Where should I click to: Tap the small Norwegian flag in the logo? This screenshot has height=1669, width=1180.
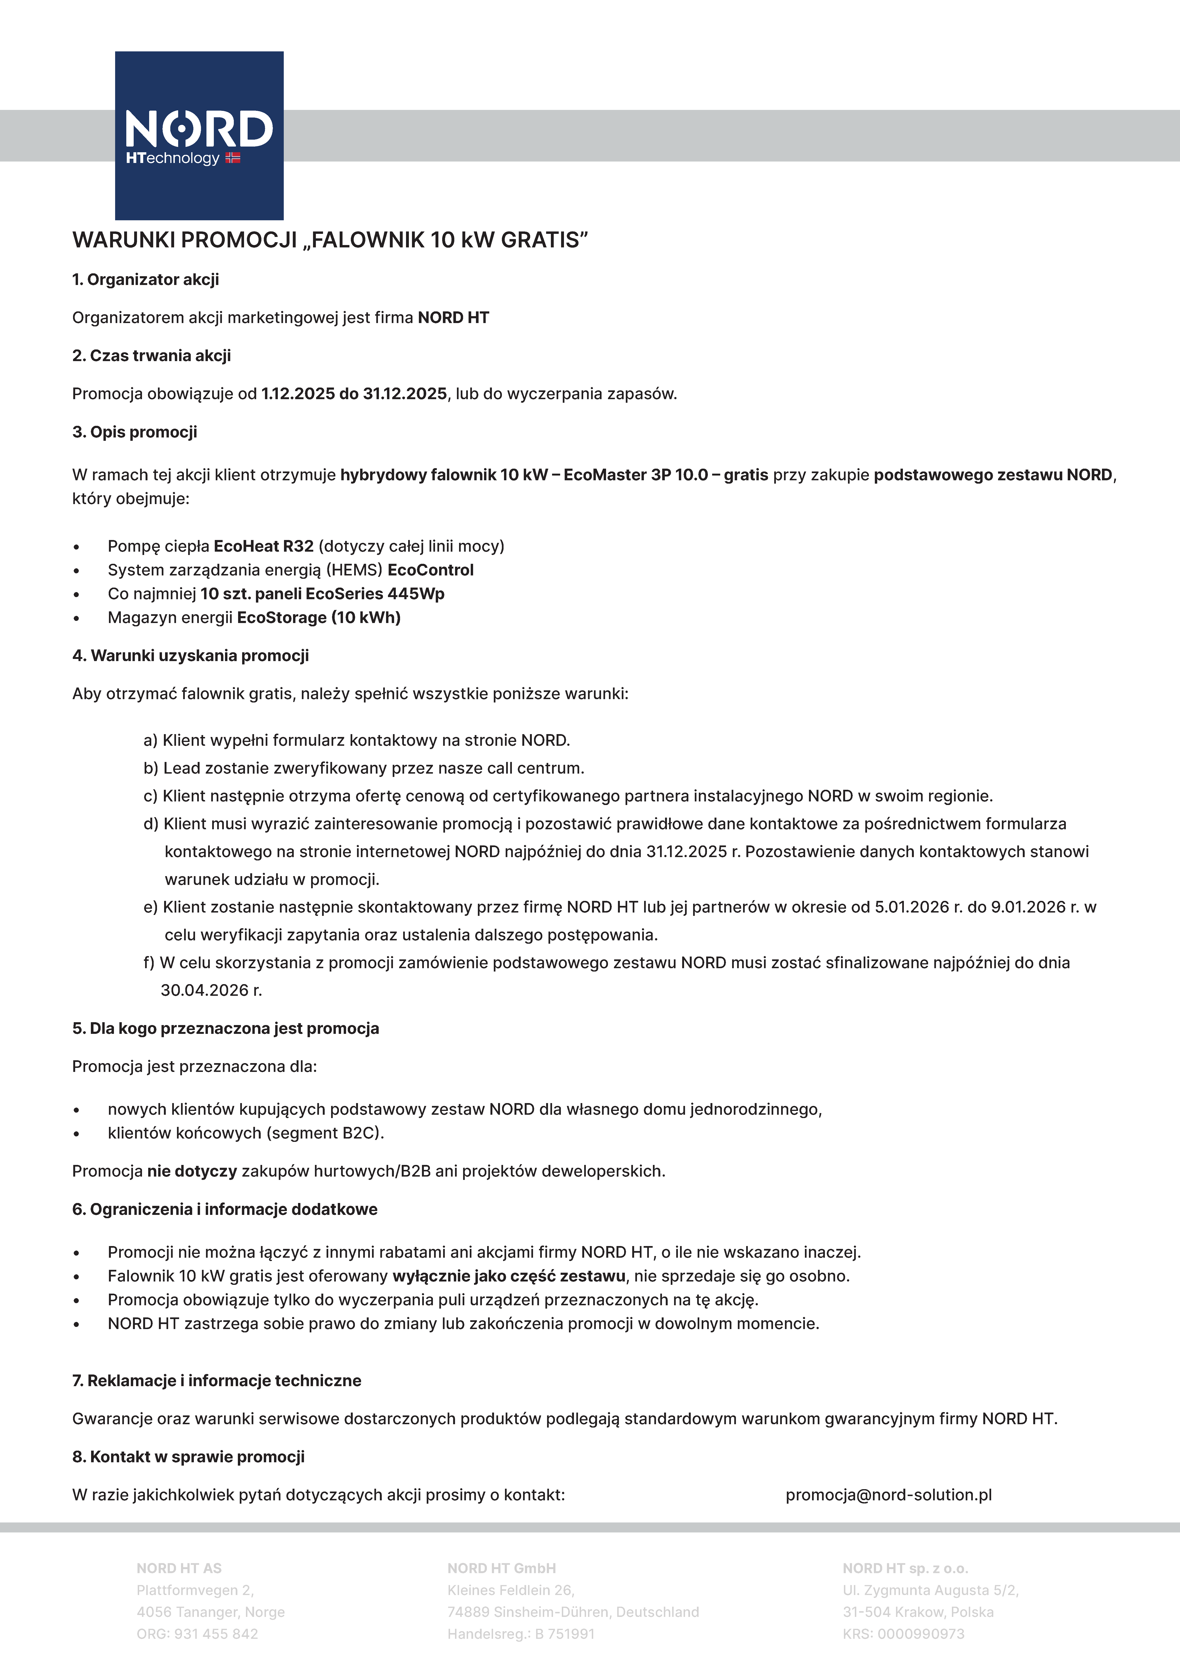[x=233, y=158]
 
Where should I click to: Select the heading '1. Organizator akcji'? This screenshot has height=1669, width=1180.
[x=145, y=280]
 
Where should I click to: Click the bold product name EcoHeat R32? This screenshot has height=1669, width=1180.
[x=263, y=546]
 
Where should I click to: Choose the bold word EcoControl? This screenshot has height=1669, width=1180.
[x=431, y=570]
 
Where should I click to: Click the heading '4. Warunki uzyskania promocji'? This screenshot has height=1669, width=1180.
[x=191, y=656]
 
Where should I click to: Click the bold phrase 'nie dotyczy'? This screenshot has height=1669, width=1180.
[x=192, y=1171]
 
